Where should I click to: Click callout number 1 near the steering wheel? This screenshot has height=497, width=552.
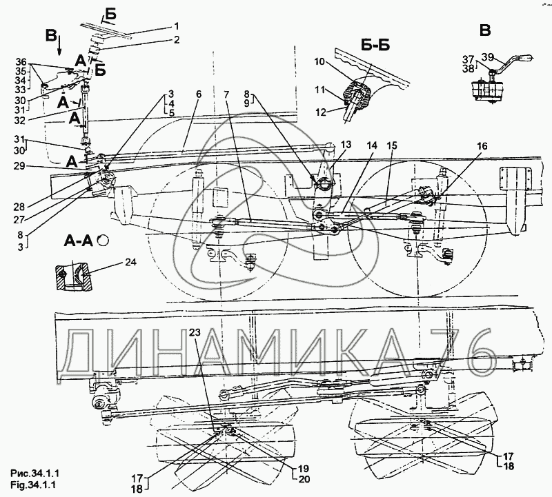click(177, 27)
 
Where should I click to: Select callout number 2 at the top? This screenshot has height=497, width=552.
click(177, 40)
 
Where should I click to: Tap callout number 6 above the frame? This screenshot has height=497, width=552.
click(199, 94)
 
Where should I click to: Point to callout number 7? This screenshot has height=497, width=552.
click(226, 94)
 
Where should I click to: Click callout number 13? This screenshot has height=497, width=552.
click(346, 145)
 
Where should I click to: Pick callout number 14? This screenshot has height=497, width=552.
click(372, 145)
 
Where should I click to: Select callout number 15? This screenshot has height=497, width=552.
click(391, 145)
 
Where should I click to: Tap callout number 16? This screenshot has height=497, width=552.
click(482, 145)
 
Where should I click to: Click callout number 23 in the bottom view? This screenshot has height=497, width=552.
click(195, 332)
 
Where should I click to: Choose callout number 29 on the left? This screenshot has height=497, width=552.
click(20, 165)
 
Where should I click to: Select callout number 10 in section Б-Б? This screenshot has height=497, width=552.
click(319, 62)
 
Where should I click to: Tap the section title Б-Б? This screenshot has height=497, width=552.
click(375, 45)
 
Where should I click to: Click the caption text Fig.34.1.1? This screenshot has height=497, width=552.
click(32, 485)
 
